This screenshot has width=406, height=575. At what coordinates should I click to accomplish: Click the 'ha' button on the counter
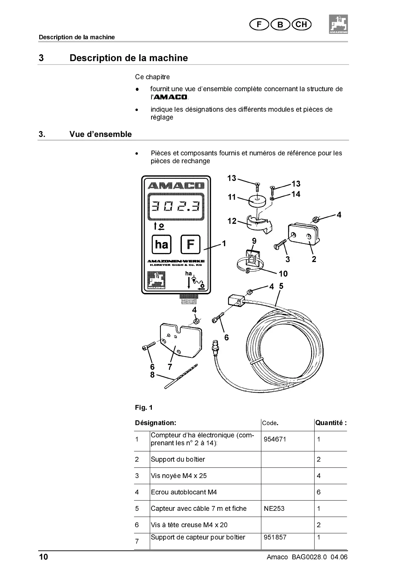161,244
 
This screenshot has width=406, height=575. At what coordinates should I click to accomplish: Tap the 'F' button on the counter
190,244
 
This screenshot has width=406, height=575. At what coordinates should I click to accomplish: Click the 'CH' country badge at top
301,24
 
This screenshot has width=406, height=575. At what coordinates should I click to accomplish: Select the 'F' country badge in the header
259,24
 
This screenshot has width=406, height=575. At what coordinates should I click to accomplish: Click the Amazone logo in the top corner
338,24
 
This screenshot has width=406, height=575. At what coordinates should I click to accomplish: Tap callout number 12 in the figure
232,221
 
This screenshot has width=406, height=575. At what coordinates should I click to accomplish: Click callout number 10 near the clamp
283,274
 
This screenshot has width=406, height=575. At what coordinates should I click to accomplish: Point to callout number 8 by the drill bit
152,375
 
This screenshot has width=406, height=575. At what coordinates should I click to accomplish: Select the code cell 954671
275,439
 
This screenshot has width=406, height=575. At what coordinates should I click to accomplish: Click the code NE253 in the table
274,508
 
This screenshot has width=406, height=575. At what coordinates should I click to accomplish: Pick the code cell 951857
275,537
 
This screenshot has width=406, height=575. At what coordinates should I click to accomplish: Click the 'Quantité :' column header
331,423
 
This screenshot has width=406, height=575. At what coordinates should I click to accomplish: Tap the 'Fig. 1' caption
144,407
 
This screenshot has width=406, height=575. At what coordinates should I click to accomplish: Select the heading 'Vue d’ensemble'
100,134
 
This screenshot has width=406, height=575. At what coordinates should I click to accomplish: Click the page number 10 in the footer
43,557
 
